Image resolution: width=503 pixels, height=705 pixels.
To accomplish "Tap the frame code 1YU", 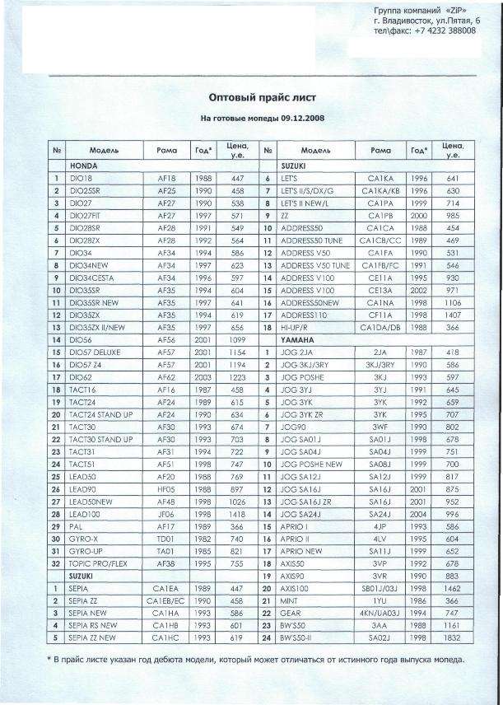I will [380, 601].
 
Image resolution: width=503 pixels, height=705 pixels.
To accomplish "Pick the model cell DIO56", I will [81, 338].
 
